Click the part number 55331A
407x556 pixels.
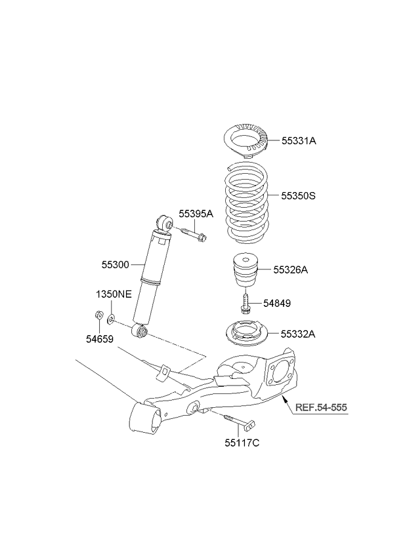pos(299,140)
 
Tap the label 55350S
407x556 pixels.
pos(300,195)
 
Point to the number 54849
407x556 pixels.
pos(277,303)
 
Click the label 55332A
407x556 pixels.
pos(299,334)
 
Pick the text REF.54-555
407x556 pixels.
pos(320,407)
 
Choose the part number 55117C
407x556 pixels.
pos(242,443)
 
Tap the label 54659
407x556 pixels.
pos(100,340)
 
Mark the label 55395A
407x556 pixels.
pos(196,214)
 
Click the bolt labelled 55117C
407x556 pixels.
pos(238,420)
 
